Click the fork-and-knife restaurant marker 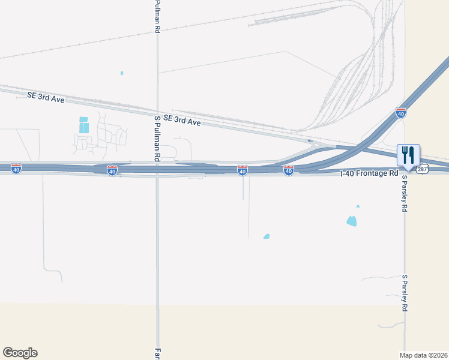(x=408, y=155)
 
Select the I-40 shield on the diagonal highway (x=400, y=113)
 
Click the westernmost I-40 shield (x=16, y=170)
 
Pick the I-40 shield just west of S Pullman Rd (x=112, y=170)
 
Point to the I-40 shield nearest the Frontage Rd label (x=289, y=171)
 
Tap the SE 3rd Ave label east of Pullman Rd (x=182, y=121)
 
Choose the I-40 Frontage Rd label (x=369, y=173)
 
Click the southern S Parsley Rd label (x=405, y=293)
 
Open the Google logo (x=20, y=353)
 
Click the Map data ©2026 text (x=423, y=355)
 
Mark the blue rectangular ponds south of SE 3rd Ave (x=84, y=125)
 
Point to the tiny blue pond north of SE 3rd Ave (x=122, y=73)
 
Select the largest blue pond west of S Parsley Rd (x=352, y=221)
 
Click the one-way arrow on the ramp (x=310, y=142)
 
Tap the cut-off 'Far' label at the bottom (x=158, y=354)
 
